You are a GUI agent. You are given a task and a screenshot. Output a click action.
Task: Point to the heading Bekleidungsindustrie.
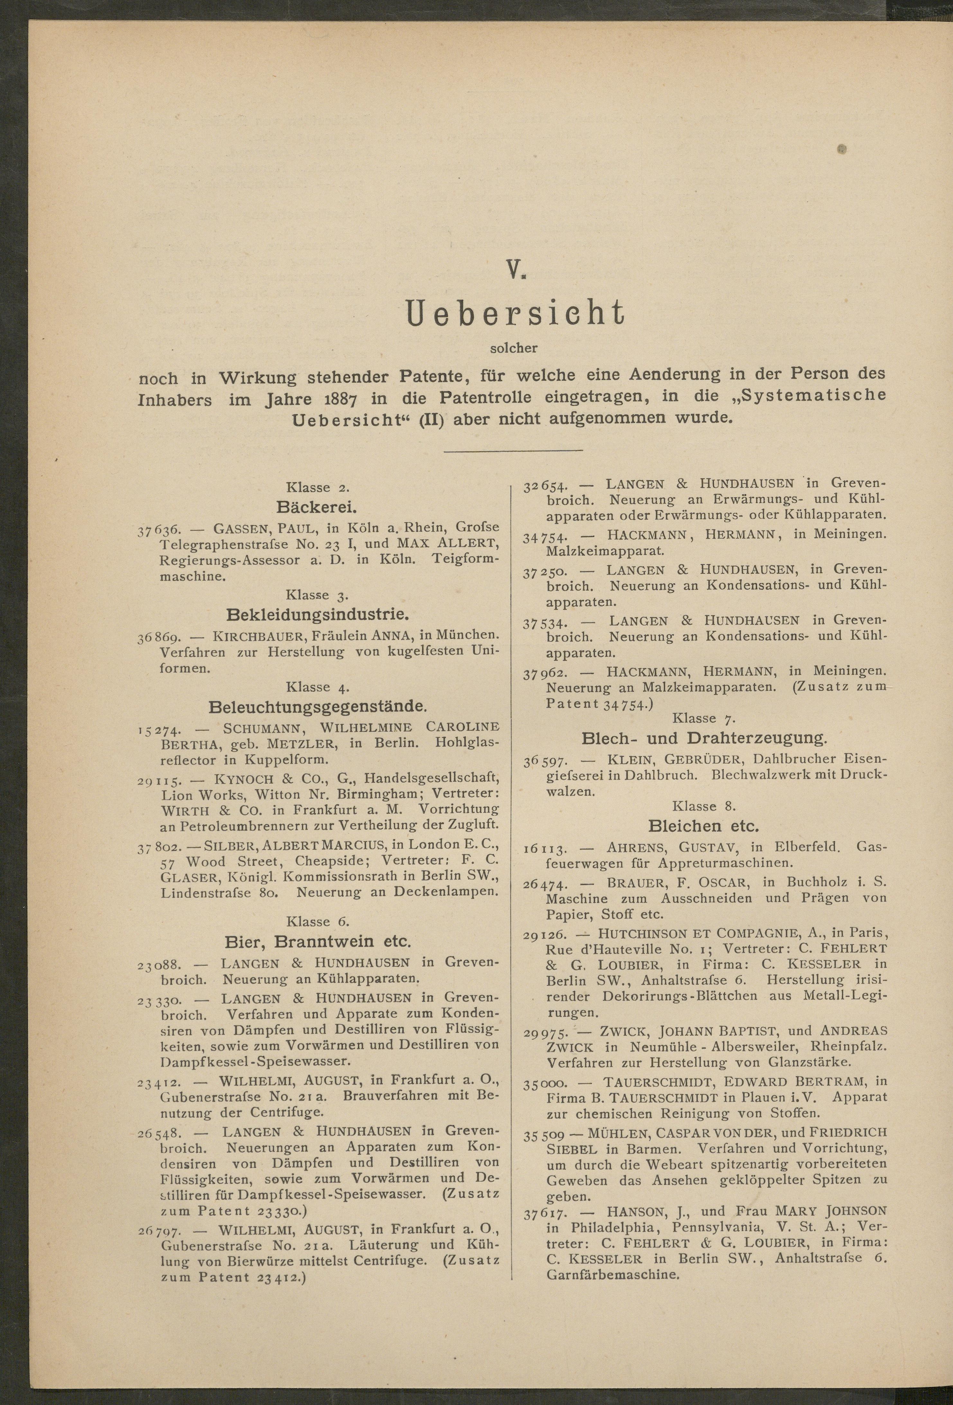click(x=317, y=615)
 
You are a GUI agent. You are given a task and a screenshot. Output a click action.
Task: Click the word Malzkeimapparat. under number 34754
click(x=605, y=551)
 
